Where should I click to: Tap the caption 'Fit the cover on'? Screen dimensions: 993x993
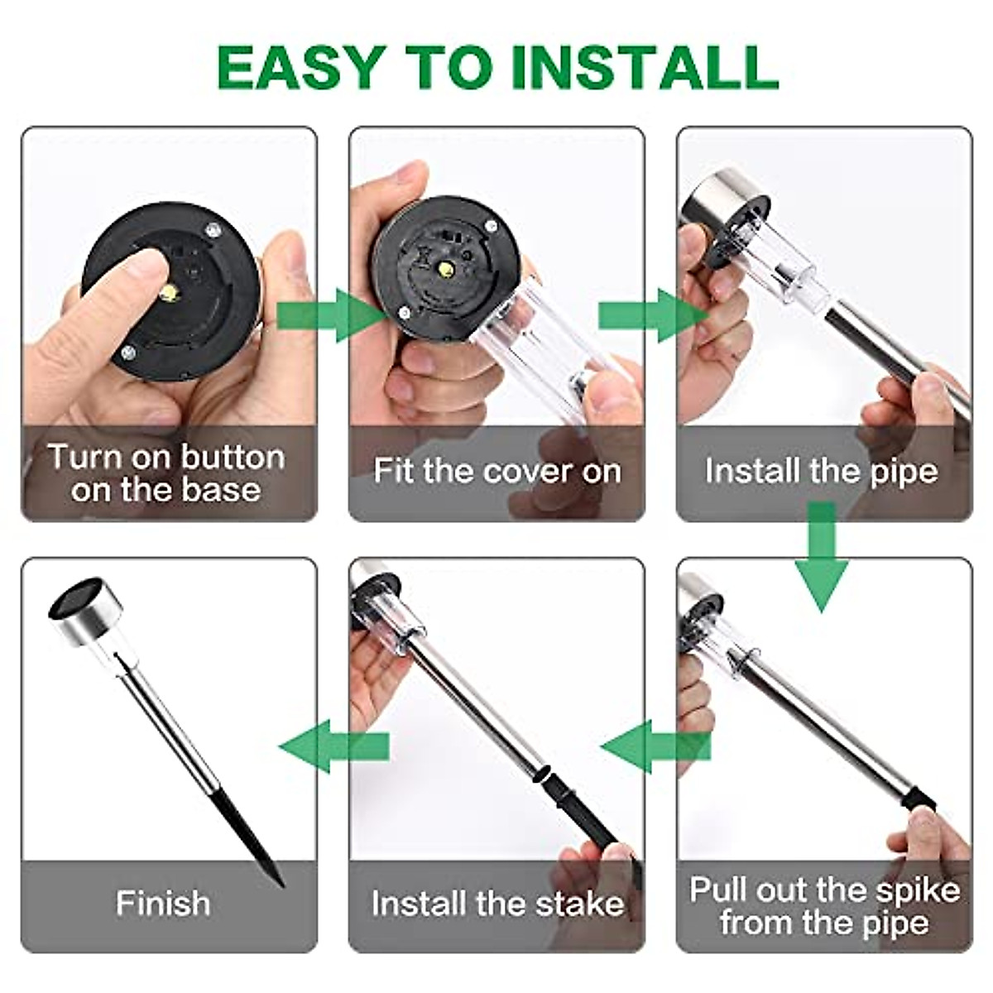(x=496, y=471)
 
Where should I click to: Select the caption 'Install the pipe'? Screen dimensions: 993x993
(x=822, y=471)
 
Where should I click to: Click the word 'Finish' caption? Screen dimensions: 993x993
(x=163, y=903)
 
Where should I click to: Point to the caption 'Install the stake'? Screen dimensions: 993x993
(x=496, y=903)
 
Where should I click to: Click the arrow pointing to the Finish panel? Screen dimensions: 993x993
(x=331, y=747)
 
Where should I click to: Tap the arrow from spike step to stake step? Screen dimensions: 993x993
(x=654, y=747)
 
